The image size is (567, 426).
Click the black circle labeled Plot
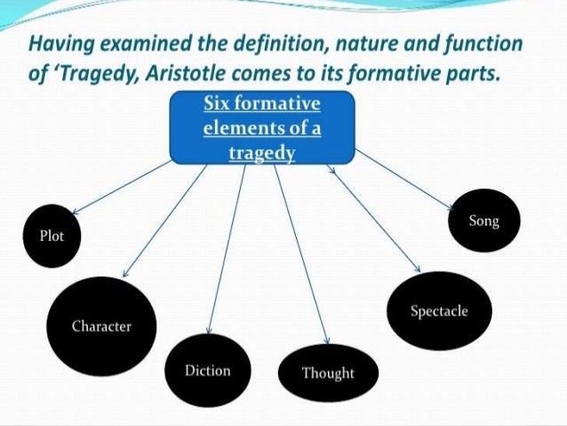(x=52, y=237)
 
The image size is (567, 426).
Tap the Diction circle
(x=207, y=370)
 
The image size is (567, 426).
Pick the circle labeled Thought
(x=327, y=373)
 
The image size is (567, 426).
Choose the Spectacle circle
(x=438, y=311)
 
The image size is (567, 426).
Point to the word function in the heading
(x=486, y=44)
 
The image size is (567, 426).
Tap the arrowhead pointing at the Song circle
(x=455, y=209)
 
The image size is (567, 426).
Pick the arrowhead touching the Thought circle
(x=326, y=344)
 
